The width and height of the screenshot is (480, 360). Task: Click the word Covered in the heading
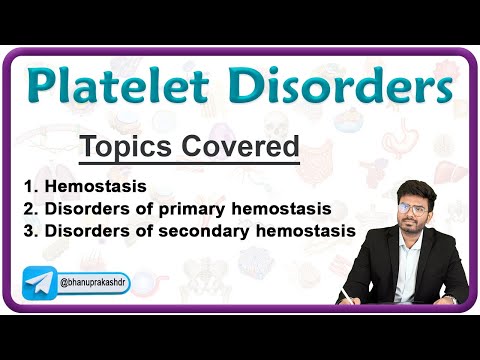click(x=240, y=147)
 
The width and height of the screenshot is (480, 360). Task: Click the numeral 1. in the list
click(x=29, y=186)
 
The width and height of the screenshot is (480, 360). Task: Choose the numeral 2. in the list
click(x=29, y=208)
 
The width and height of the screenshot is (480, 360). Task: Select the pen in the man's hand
click(x=351, y=291)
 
